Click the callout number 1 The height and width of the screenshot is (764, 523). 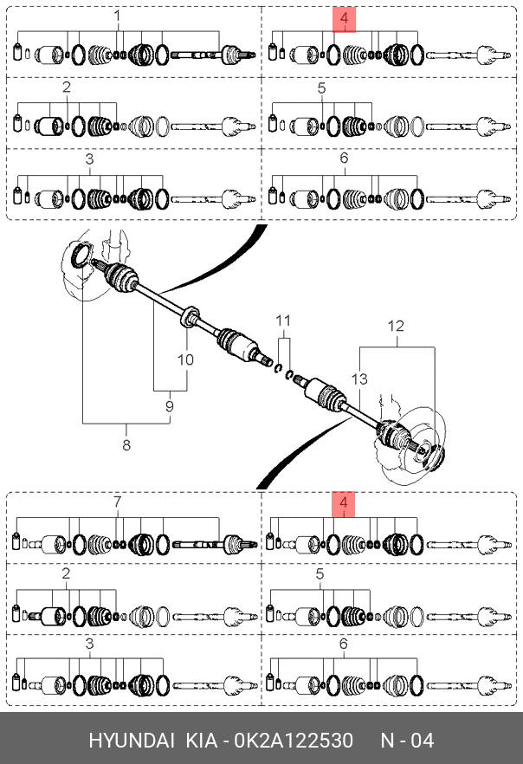[117, 16]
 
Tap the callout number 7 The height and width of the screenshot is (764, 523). [117, 502]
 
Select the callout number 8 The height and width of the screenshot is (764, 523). [126, 444]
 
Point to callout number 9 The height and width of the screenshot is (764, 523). [170, 406]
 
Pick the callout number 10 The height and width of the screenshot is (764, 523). [185, 359]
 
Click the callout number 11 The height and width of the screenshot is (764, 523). [283, 320]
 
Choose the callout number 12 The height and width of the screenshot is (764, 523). [396, 326]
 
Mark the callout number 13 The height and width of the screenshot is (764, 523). [359, 379]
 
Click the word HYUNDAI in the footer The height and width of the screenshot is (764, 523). [132, 741]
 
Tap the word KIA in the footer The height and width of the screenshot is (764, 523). [201, 741]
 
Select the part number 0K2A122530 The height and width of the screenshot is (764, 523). [294, 741]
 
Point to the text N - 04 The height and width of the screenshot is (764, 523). [407, 741]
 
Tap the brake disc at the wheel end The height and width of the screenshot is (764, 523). [415, 444]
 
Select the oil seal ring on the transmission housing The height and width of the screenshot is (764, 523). [81, 256]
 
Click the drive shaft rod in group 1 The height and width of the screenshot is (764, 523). [195, 55]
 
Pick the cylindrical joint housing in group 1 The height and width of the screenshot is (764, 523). [50, 55]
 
